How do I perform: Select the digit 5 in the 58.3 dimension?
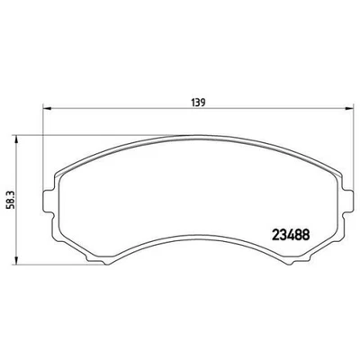point(12,203)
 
